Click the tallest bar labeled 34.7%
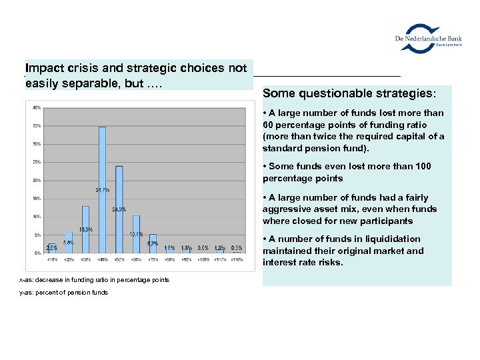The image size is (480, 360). (x=102, y=189)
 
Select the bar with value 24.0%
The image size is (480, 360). (x=119, y=209)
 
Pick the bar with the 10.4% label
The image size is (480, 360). (x=136, y=234)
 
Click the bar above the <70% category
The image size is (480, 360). (x=153, y=244)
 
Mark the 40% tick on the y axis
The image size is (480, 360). (x=37, y=107)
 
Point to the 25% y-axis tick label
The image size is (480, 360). (x=37, y=162)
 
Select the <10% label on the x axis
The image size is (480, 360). (x=52, y=259)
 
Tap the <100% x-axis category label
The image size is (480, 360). (x=203, y=259)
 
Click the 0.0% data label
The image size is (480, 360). (x=203, y=248)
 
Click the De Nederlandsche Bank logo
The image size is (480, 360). (x=428, y=37)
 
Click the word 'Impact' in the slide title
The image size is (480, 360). (x=43, y=68)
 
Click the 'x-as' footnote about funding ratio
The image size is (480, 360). (x=94, y=280)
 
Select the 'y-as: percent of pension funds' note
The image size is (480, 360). (x=63, y=293)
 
